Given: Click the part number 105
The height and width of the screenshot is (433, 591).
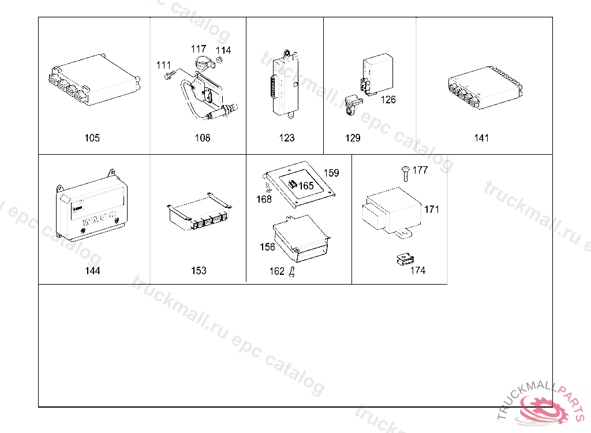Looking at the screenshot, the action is pos(92,138).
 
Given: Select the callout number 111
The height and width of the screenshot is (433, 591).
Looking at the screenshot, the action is pos(164,65).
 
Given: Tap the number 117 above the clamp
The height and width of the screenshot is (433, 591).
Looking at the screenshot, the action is pos(199,50).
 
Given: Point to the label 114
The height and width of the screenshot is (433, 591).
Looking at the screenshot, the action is pos(223,50).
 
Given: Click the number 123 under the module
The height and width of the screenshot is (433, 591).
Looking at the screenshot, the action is pos(286,138).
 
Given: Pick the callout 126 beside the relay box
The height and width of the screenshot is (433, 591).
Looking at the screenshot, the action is pos(388,100).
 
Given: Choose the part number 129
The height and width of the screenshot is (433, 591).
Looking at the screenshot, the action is pos(353,138).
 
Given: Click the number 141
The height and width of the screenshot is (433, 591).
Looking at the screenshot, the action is pos(481,138).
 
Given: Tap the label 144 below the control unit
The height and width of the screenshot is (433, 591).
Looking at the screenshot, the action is pos(92,271).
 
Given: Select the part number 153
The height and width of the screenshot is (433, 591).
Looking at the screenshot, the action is pos(199,271).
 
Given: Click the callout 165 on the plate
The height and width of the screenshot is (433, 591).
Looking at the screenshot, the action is pos(306,186).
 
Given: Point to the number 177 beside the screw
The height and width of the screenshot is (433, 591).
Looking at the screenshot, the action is pos(420,170).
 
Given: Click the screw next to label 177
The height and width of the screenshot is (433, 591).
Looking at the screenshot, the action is pos(405,171).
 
